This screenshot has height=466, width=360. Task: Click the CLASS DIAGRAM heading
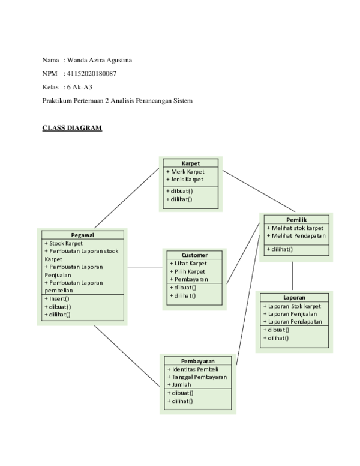click(71, 129)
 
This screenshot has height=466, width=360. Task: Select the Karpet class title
click(191, 163)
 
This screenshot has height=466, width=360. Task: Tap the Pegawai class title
click(82, 235)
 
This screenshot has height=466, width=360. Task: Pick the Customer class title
click(194, 255)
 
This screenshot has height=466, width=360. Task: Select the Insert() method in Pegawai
click(57, 298)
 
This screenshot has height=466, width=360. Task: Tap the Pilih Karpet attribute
click(189, 271)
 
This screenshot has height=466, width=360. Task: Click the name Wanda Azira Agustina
click(99, 60)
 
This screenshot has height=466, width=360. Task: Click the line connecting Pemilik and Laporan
click(293, 276)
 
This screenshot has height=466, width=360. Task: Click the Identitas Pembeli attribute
click(193, 369)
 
